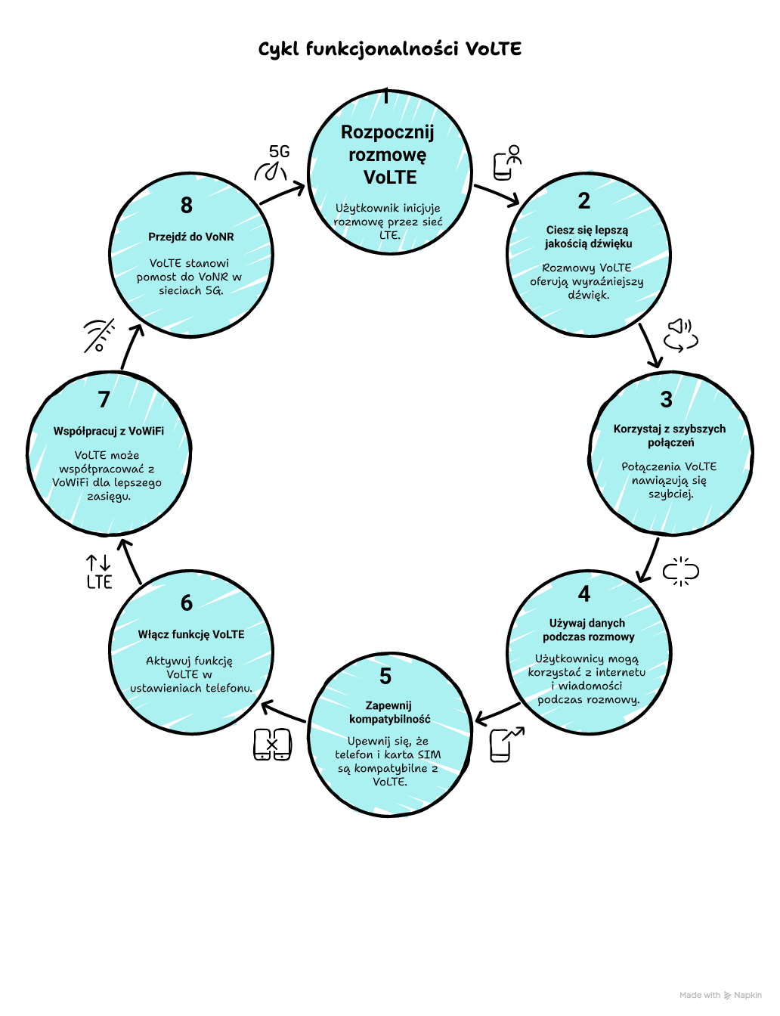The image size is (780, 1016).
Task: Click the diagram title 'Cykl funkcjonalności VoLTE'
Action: pyautogui.click(x=390, y=49)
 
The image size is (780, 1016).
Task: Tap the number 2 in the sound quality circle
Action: pyautogui.click(x=584, y=201)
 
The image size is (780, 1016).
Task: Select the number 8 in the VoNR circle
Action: pyautogui.click(x=187, y=206)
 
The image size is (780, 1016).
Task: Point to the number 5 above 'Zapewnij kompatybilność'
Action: pyautogui.click(x=385, y=676)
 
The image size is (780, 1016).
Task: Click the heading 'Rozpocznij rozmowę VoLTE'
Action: pyautogui.click(x=388, y=155)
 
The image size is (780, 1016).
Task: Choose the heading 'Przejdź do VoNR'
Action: pyautogui.click(x=191, y=237)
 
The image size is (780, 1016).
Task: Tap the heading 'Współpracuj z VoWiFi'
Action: pyautogui.click(x=109, y=431)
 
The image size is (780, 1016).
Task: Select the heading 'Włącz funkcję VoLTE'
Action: pyautogui.click(x=191, y=634)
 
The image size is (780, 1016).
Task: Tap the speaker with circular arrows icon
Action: pyautogui.click(x=680, y=335)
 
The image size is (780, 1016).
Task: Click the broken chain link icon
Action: pyautogui.click(x=680, y=571)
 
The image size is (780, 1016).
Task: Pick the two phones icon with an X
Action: pyautogui.click(x=272, y=745)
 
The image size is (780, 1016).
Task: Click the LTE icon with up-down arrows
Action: pyautogui.click(x=99, y=572)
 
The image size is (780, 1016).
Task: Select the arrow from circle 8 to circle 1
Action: pyautogui.click(x=282, y=194)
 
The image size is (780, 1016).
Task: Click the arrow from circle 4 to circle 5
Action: pyautogui.click(x=498, y=713)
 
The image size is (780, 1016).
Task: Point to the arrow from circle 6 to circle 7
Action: pyautogui.click(x=132, y=561)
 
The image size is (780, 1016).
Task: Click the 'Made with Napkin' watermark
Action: pyautogui.click(x=720, y=996)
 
